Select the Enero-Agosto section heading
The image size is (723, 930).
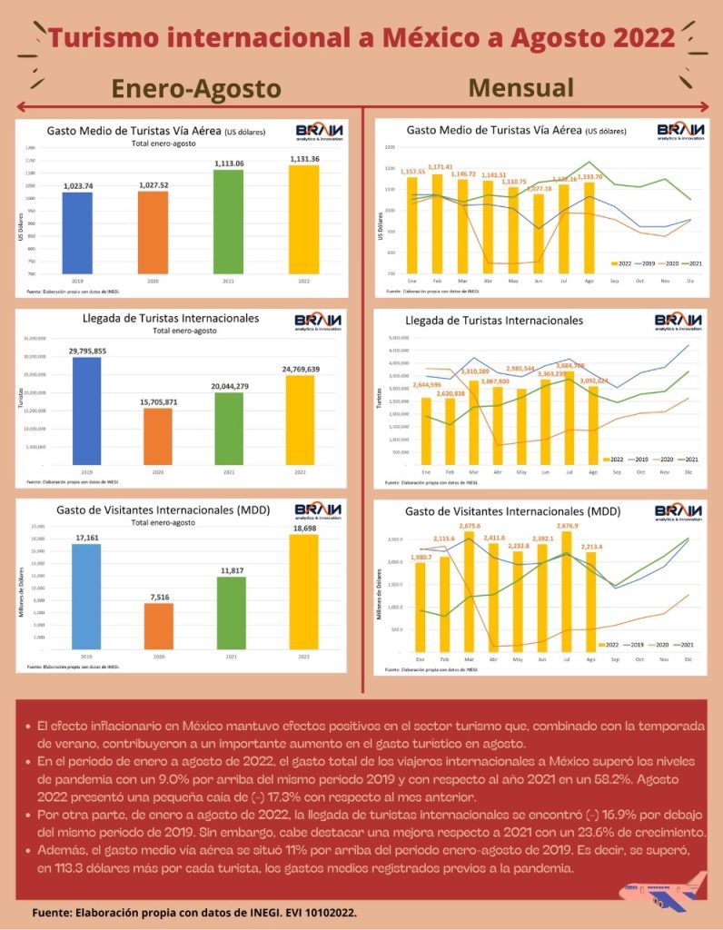(196, 88)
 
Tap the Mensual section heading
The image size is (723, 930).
(521, 87)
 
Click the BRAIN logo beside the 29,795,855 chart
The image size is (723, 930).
(320, 324)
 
